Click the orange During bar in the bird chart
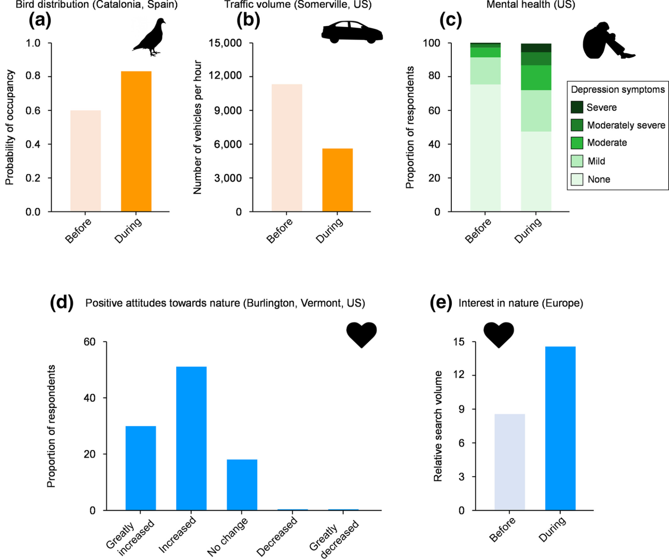pyautogui.click(x=136, y=141)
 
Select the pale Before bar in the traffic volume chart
pyautogui.click(x=286, y=148)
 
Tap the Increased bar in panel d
pyautogui.click(x=191, y=438)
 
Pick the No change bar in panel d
pyautogui.click(x=242, y=485)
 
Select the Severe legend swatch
pyautogui.click(x=577, y=107)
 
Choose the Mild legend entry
pyautogui.click(x=596, y=161)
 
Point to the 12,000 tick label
pyautogui.click(x=225, y=76)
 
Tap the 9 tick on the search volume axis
pyautogui.click(x=462, y=409)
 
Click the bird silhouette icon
pyautogui.click(x=150, y=37)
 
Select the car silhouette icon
pyautogui.click(x=351, y=32)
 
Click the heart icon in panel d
pyautogui.click(x=361, y=334)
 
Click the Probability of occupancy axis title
pyautogui.click(x=9, y=127)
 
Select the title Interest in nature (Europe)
pyautogui.click(x=520, y=303)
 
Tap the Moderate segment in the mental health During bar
pyautogui.click(x=536, y=78)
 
